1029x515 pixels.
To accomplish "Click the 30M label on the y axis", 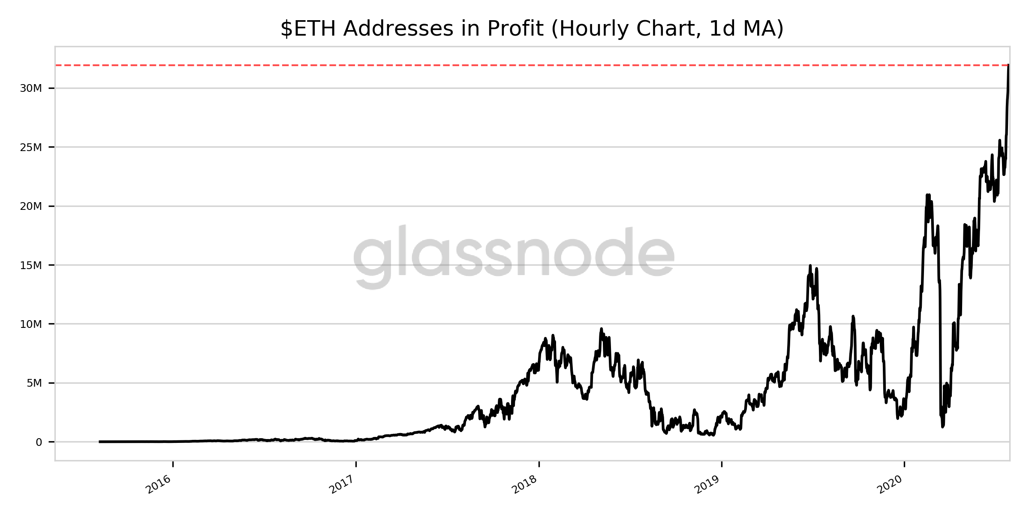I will pyautogui.click(x=31, y=89).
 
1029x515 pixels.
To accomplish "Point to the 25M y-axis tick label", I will pyautogui.click(x=31, y=148).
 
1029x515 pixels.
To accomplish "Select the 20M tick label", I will pyautogui.click(x=31, y=206).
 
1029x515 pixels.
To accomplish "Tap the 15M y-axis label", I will pyautogui.click(x=31, y=265).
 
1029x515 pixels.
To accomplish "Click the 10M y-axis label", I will pyautogui.click(x=31, y=324).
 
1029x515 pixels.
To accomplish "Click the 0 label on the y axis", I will pyautogui.click(x=39, y=442).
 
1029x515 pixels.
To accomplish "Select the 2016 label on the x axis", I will pyautogui.click(x=159, y=485).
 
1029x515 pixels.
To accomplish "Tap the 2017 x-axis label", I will pyautogui.click(x=342, y=485).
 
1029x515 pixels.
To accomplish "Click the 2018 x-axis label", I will pyautogui.click(x=525, y=485).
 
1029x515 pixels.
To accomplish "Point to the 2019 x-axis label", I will pyautogui.click(x=708, y=485).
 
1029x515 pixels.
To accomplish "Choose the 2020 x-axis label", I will pyautogui.click(x=891, y=485).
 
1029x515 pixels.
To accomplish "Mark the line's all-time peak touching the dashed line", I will pyautogui.click(x=1008, y=66).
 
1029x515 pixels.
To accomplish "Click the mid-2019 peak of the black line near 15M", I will pyautogui.click(x=810, y=266).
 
